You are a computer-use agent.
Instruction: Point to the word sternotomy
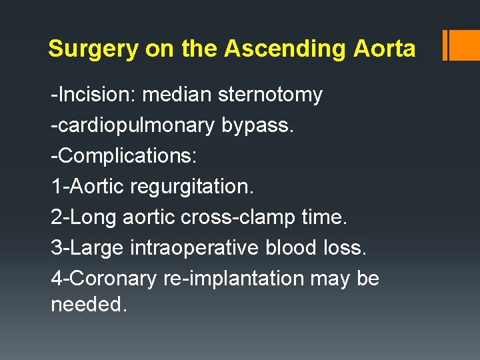click(x=270, y=95)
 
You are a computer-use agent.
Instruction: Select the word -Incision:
click(x=93, y=95)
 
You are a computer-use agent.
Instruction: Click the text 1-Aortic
click(x=89, y=187)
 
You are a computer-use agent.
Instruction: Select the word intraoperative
click(x=195, y=248)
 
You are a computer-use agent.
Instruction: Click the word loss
click(x=345, y=248)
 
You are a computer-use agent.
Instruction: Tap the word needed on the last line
click(x=89, y=305)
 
